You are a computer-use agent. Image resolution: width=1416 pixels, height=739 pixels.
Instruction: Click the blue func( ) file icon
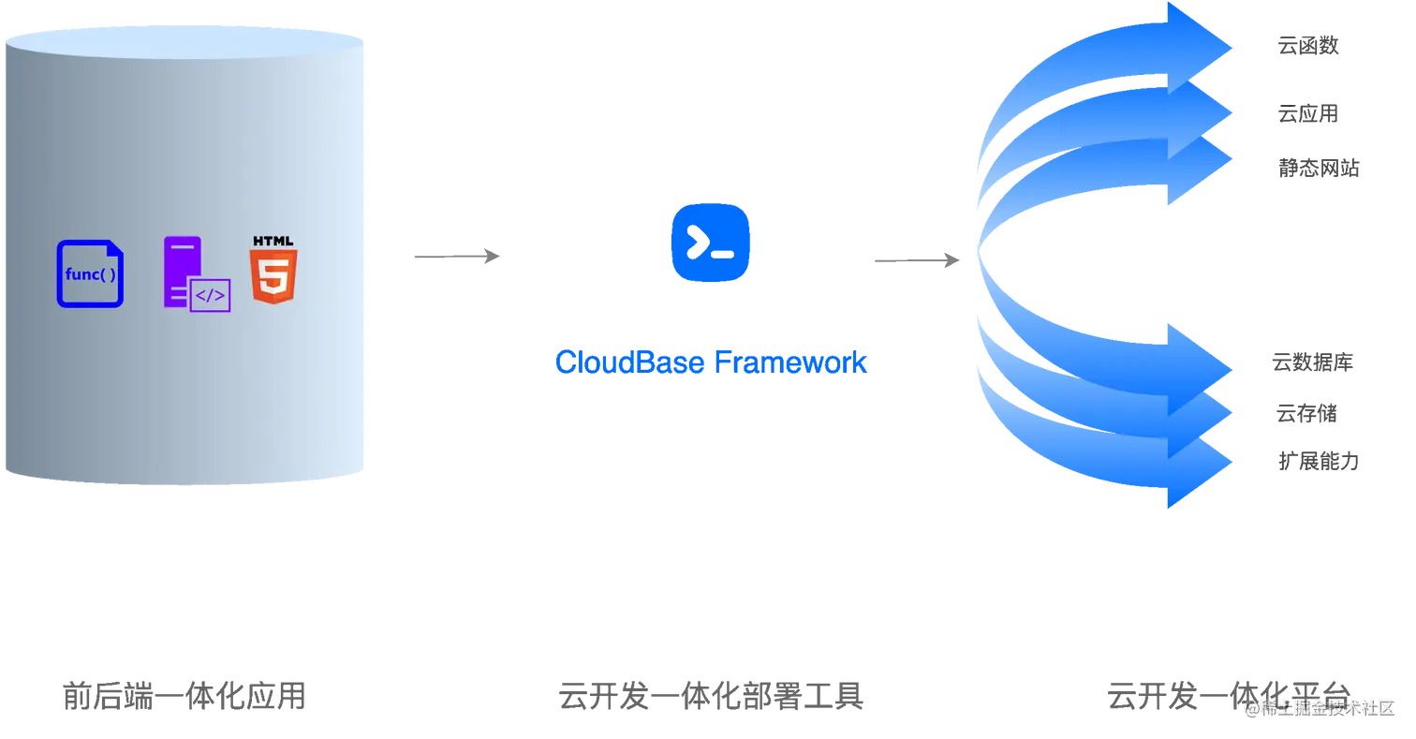[90, 273]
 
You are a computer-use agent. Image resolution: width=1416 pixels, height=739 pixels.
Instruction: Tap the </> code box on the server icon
[210, 296]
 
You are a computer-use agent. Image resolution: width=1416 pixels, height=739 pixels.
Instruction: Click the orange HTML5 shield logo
[273, 275]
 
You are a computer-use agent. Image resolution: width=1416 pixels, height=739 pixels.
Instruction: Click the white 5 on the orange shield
[273, 278]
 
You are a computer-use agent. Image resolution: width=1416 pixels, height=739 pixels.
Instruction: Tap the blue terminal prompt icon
[711, 243]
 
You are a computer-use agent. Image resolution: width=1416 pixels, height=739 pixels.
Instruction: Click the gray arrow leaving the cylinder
[457, 254]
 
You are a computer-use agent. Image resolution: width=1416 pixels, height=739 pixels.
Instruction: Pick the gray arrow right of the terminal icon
[916, 261]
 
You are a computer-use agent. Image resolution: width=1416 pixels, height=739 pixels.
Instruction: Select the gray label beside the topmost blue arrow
[1307, 45]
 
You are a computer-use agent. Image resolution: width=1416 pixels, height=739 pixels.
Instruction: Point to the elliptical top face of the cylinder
[184, 42]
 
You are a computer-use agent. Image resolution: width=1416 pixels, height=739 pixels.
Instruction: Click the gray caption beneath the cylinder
[184, 696]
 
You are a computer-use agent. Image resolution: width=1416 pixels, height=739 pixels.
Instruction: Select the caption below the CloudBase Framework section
[711, 696]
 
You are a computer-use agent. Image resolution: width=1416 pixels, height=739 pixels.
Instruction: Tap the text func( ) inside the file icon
[91, 275]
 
